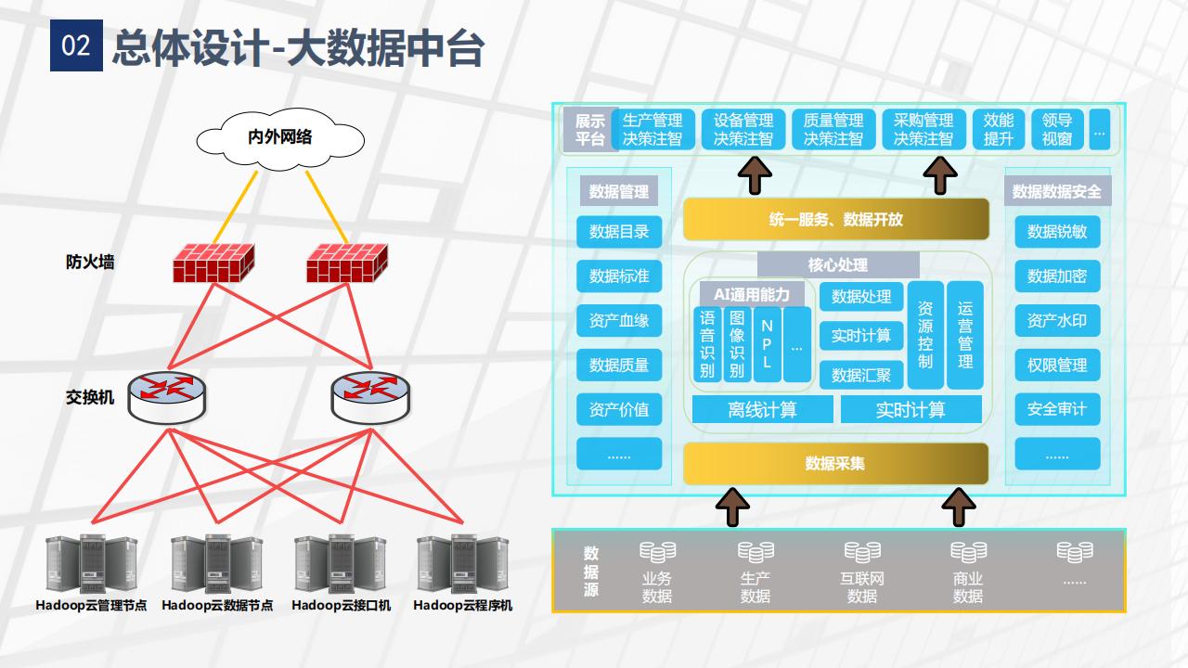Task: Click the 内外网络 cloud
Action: (x=279, y=137)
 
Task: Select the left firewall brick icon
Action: (x=213, y=263)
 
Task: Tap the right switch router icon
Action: (x=368, y=396)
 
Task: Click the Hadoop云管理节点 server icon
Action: (x=91, y=565)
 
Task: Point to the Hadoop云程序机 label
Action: (x=462, y=606)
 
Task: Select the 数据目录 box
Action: (x=619, y=232)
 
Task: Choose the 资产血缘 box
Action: (x=619, y=321)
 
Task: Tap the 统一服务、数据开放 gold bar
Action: (x=835, y=220)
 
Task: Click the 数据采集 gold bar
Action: (x=835, y=463)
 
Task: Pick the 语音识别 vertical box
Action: (x=707, y=344)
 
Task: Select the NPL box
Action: (x=767, y=344)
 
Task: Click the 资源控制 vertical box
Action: (x=925, y=335)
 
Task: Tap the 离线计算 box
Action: (x=762, y=409)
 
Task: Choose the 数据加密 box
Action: (x=1056, y=276)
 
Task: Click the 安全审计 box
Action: (x=1056, y=409)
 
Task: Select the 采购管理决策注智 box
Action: (x=923, y=130)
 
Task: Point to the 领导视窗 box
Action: (x=1057, y=130)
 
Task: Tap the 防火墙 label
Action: (x=90, y=263)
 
